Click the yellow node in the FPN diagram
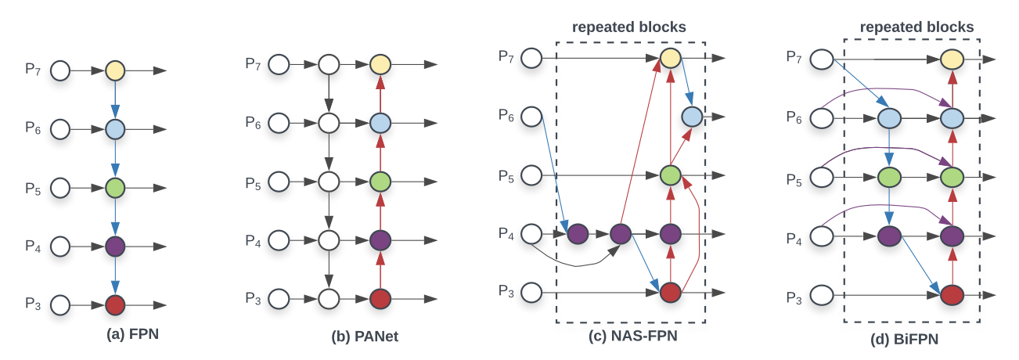[115, 70]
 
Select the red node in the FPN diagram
[115, 305]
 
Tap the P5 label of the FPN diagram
[33, 189]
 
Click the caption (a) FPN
[132, 334]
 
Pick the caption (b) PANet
[365, 337]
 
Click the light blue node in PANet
[380, 123]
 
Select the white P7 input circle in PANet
[279, 65]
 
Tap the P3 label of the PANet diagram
[253, 298]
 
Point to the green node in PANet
[380, 182]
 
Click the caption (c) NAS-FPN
[633, 336]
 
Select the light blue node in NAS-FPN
[692, 117]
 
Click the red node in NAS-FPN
[671, 292]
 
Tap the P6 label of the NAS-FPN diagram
[506, 115]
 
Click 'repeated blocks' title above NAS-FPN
[629, 27]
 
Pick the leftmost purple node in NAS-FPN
[578, 234]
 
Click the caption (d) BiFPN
[905, 339]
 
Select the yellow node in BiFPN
[952, 59]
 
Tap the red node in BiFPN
[952, 295]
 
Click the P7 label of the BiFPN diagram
[794, 57]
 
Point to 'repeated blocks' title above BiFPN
[916, 27]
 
